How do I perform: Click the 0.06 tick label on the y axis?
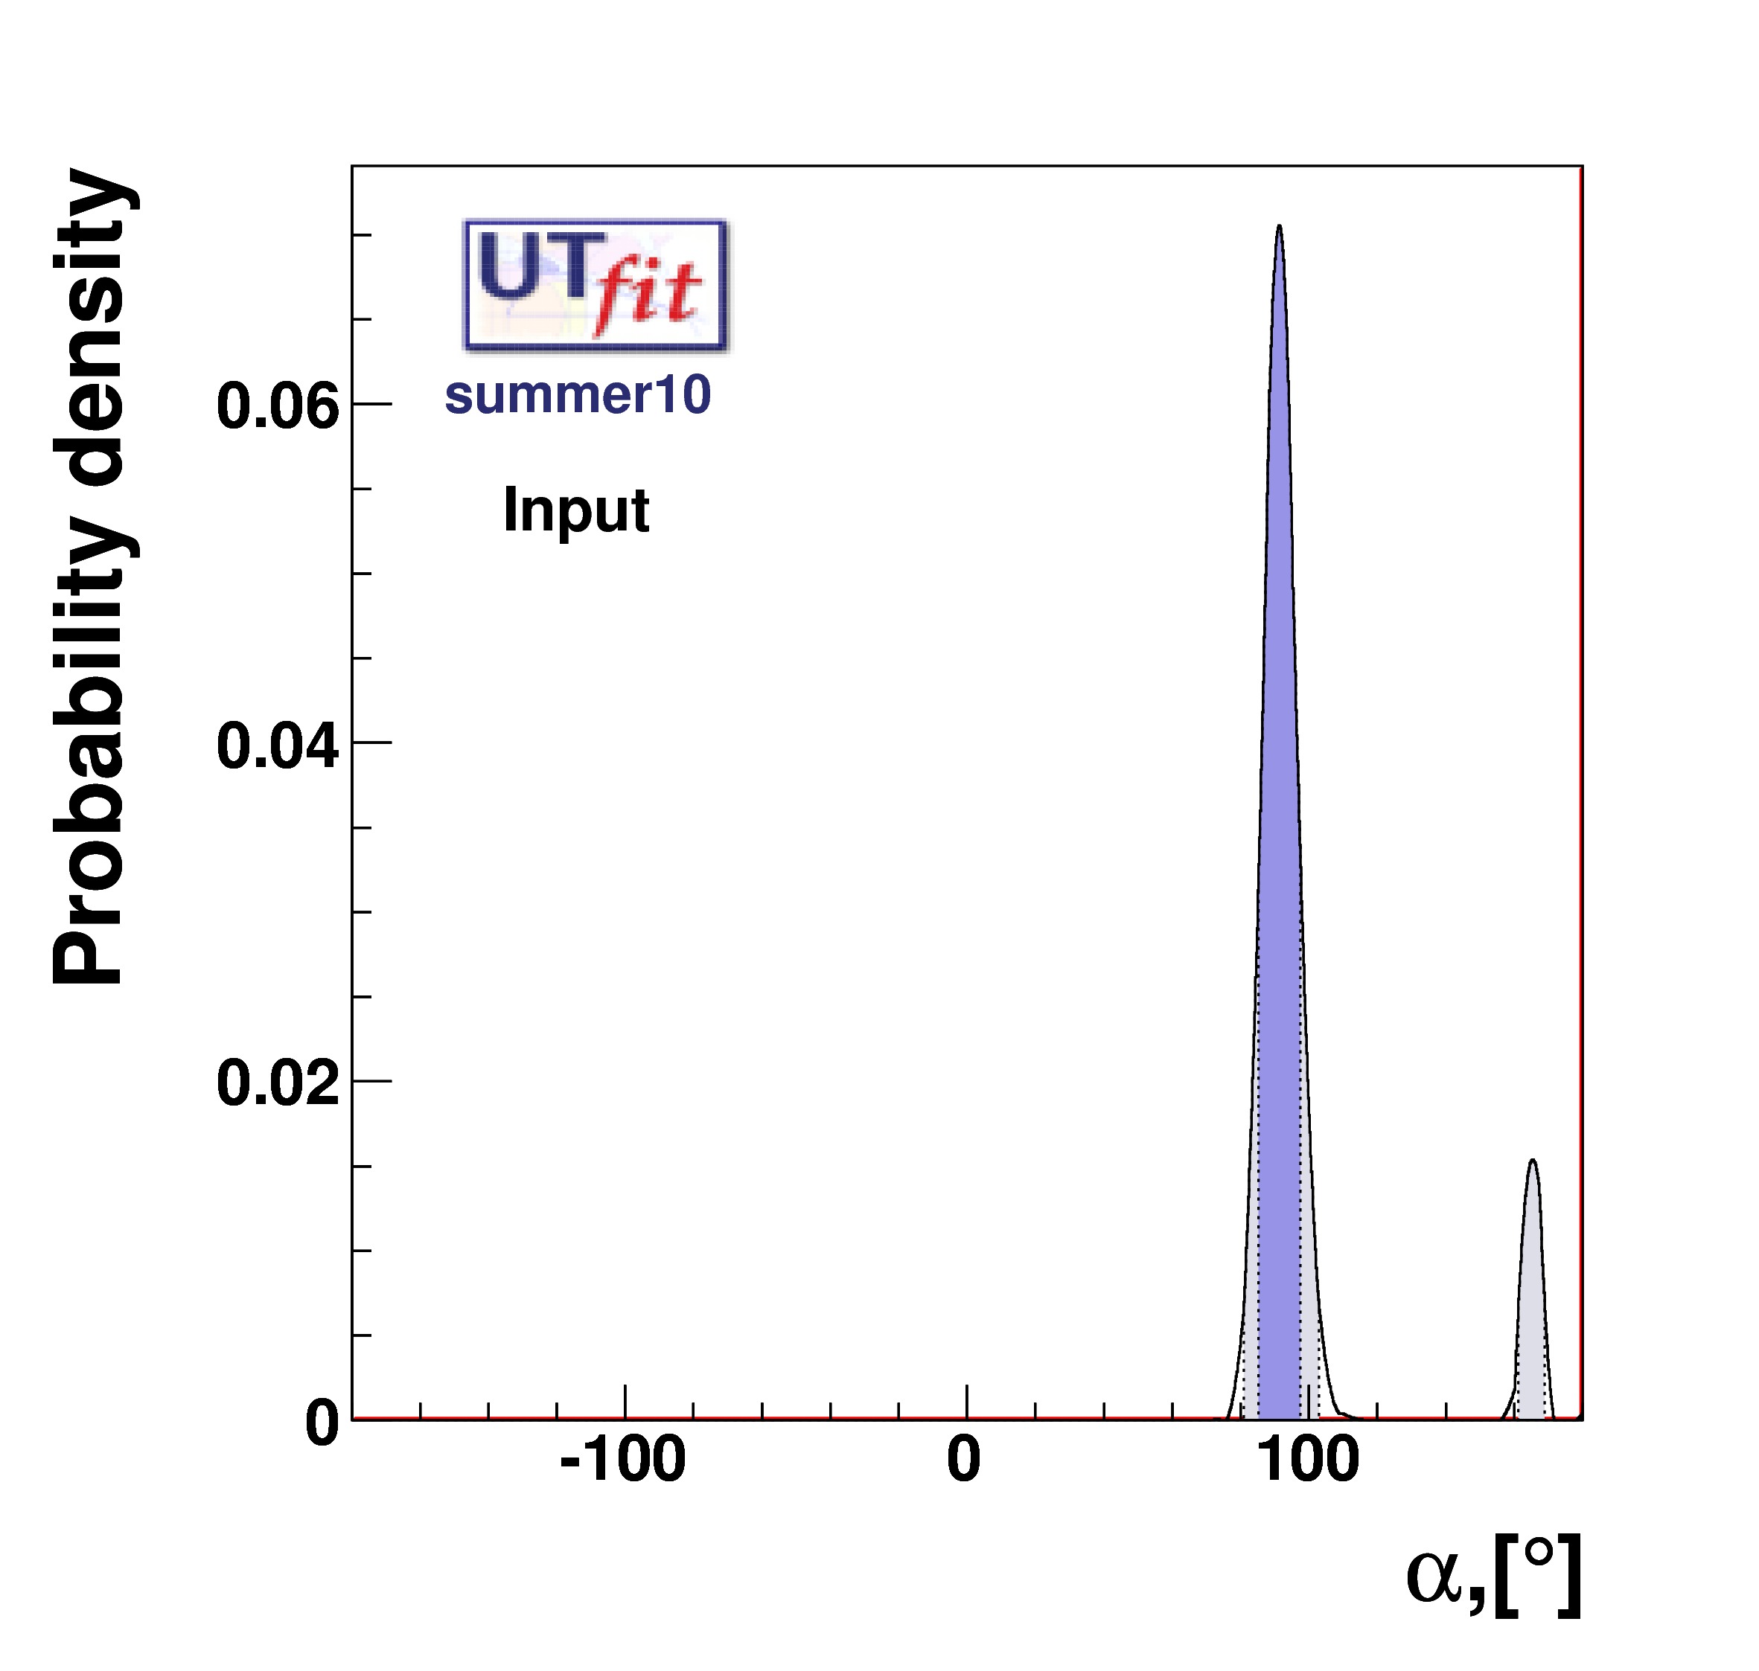277,406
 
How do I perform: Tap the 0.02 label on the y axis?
277,1084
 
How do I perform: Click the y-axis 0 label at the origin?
322,1423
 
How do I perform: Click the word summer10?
578,394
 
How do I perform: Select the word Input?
575,510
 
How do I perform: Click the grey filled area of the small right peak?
1532,1318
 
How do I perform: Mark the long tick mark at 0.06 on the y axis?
372,403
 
